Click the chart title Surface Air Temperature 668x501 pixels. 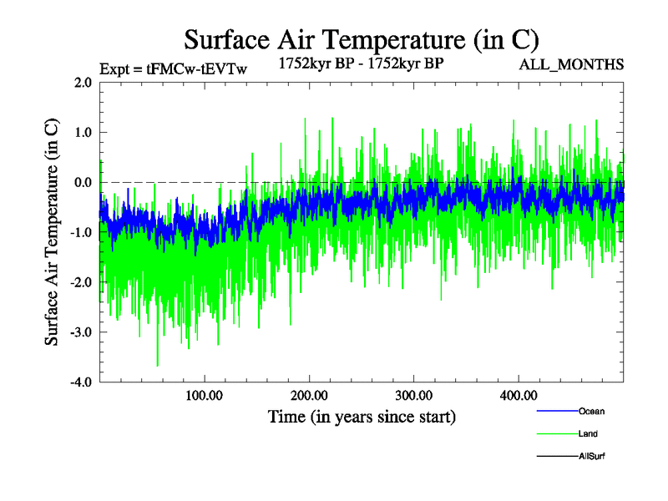[x=361, y=39]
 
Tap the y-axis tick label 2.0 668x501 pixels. [x=82, y=83]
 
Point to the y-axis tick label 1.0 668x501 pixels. [x=82, y=133]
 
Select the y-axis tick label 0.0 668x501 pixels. [x=82, y=183]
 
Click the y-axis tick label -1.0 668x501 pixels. [x=80, y=233]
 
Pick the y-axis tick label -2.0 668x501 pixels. [x=80, y=283]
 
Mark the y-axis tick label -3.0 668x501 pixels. [x=80, y=333]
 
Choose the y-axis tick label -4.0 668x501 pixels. [x=80, y=383]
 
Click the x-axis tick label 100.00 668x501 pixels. [x=205, y=395]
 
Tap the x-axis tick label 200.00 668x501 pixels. [x=309, y=395]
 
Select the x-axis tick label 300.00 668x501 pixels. [x=413, y=395]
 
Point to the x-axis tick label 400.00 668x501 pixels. [x=518, y=395]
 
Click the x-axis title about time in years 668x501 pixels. [x=362, y=416]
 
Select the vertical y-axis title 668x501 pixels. [x=52, y=232]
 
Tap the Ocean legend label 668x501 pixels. [x=591, y=412]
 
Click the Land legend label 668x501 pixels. [x=588, y=434]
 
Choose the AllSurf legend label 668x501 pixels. [x=591, y=457]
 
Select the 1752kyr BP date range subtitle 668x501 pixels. [x=360, y=62]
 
